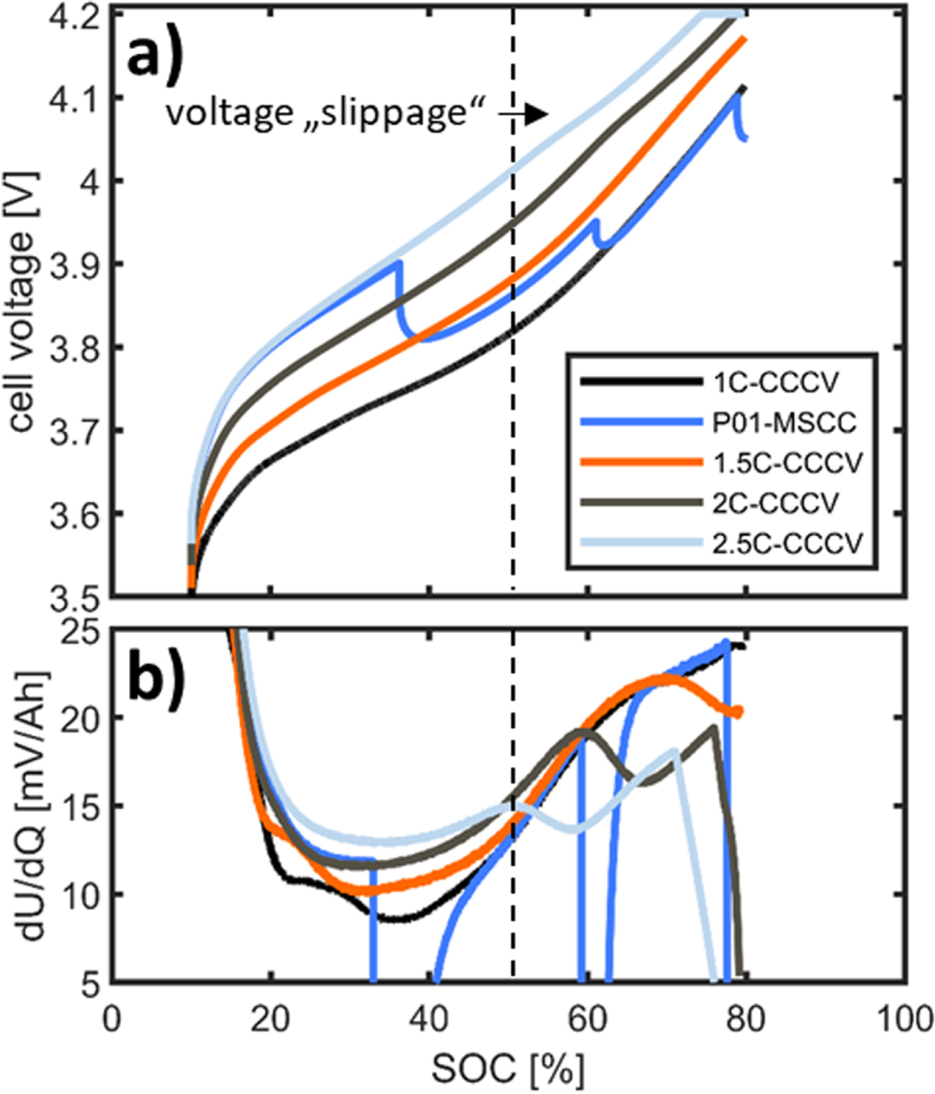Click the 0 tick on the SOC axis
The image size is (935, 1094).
113,1015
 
